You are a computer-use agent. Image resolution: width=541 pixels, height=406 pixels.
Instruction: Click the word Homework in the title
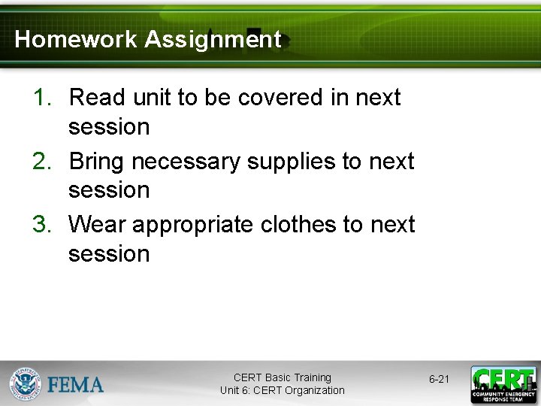(x=76, y=39)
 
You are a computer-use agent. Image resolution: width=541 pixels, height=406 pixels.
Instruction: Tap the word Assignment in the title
(x=213, y=39)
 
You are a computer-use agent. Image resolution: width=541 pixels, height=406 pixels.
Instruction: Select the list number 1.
(x=41, y=98)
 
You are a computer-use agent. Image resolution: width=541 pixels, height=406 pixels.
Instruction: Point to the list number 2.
(x=41, y=162)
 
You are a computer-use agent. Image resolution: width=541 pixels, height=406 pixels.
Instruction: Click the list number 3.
(x=41, y=225)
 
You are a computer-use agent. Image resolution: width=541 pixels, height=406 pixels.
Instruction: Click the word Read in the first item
(x=94, y=98)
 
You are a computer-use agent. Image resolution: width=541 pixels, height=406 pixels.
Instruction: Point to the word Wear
(x=95, y=225)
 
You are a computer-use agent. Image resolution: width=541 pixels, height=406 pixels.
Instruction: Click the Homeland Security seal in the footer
(x=26, y=384)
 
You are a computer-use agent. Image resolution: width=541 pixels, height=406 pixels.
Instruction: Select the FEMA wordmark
(x=75, y=385)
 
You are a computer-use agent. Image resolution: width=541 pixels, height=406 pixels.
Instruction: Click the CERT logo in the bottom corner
(x=503, y=384)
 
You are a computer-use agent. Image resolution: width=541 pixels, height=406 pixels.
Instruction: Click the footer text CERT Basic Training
(x=282, y=377)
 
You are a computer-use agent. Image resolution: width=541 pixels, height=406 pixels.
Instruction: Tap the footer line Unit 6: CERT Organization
(x=282, y=390)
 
